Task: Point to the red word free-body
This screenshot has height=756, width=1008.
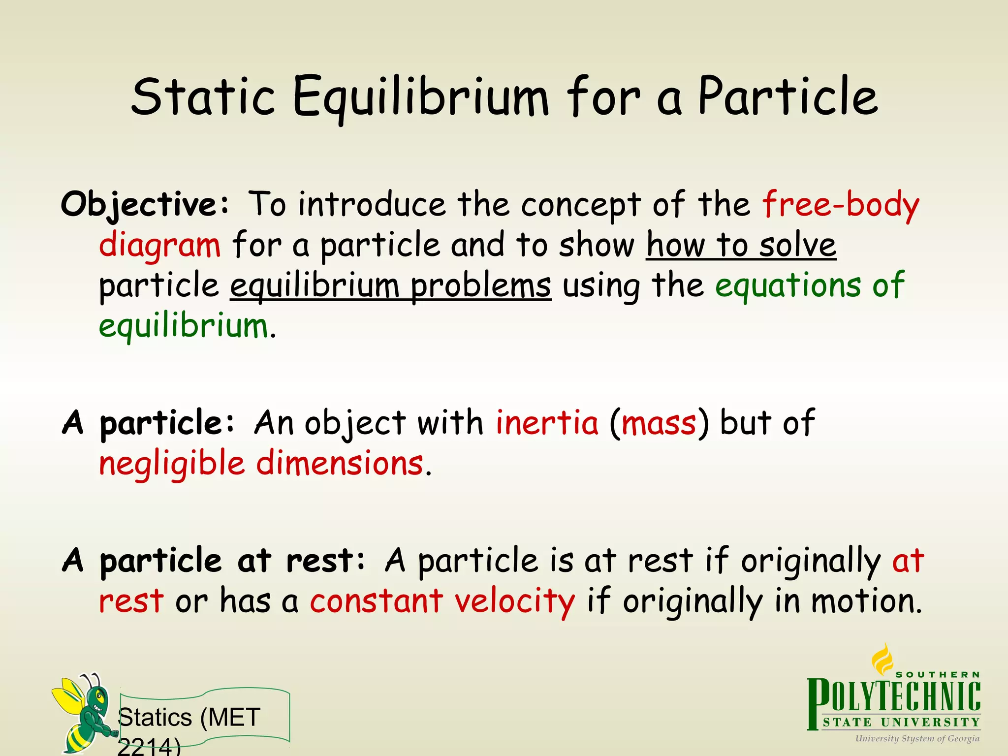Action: click(841, 204)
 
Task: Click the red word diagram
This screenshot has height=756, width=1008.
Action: click(160, 245)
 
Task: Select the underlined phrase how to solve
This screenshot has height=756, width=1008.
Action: click(741, 245)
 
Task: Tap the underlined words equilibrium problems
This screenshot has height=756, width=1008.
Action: click(390, 286)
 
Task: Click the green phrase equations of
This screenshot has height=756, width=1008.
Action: click(810, 285)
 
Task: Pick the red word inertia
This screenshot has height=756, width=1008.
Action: click(546, 423)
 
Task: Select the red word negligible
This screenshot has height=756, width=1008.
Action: click(172, 464)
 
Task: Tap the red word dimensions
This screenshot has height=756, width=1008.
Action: click(340, 464)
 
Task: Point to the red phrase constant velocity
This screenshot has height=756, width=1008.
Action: click(442, 601)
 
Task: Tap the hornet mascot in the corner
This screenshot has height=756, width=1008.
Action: click(84, 714)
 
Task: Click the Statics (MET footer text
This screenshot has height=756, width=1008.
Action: click(189, 718)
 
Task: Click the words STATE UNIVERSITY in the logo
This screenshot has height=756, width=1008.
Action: click(901, 723)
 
